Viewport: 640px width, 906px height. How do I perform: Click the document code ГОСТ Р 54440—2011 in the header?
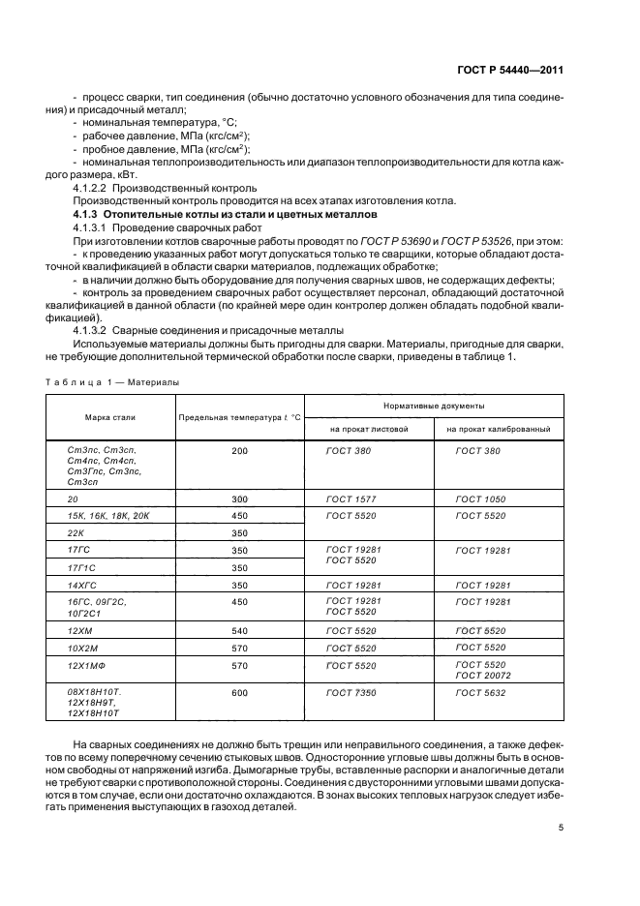coord(511,71)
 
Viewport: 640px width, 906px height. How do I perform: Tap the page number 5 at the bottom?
coord(561,828)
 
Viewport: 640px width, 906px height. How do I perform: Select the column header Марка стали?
coord(108,417)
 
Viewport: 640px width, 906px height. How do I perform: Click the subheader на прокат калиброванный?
coord(498,428)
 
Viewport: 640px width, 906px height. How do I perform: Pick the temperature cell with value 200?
coord(240,451)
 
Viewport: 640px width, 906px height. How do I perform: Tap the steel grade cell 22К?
coord(76,532)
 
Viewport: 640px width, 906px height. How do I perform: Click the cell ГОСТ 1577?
coord(345,498)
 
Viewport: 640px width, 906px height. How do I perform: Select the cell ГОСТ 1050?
coord(478,498)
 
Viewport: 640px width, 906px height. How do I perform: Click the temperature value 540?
coord(240,631)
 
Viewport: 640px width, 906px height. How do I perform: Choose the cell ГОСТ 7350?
coord(345,693)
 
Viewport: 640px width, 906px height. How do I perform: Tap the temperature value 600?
coord(240,693)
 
